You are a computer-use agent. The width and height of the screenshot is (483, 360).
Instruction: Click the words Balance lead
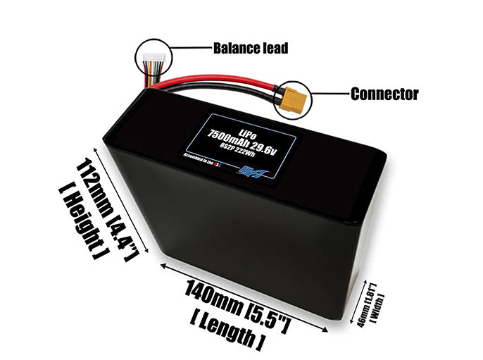coord(249,49)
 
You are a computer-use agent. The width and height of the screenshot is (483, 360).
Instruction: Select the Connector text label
coord(384,93)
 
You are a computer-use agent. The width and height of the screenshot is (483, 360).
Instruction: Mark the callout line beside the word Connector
coord(327,92)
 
